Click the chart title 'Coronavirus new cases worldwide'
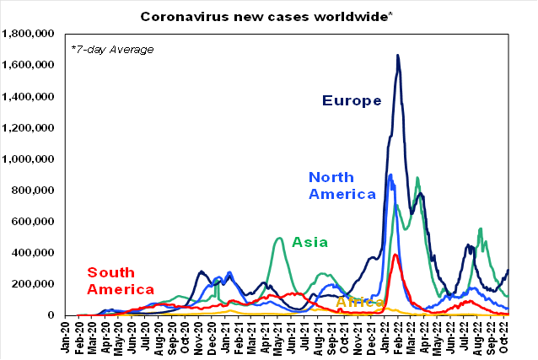pyautogui.click(x=268, y=16)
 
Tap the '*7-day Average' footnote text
pyautogui.click(x=112, y=49)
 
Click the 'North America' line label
pyautogui.click(x=342, y=185)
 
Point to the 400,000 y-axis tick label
pyautogui.click(x=34, y=252)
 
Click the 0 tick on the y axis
pyautogui.click(x=52, y=314)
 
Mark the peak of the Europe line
pyautogui.click(x=398, y=56)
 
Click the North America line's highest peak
pyautogui.click(x=390, y=175)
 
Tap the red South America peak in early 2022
pyautogui.click(x=395, y=254)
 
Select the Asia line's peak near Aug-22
pyautogui.click(x=480, y=228)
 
